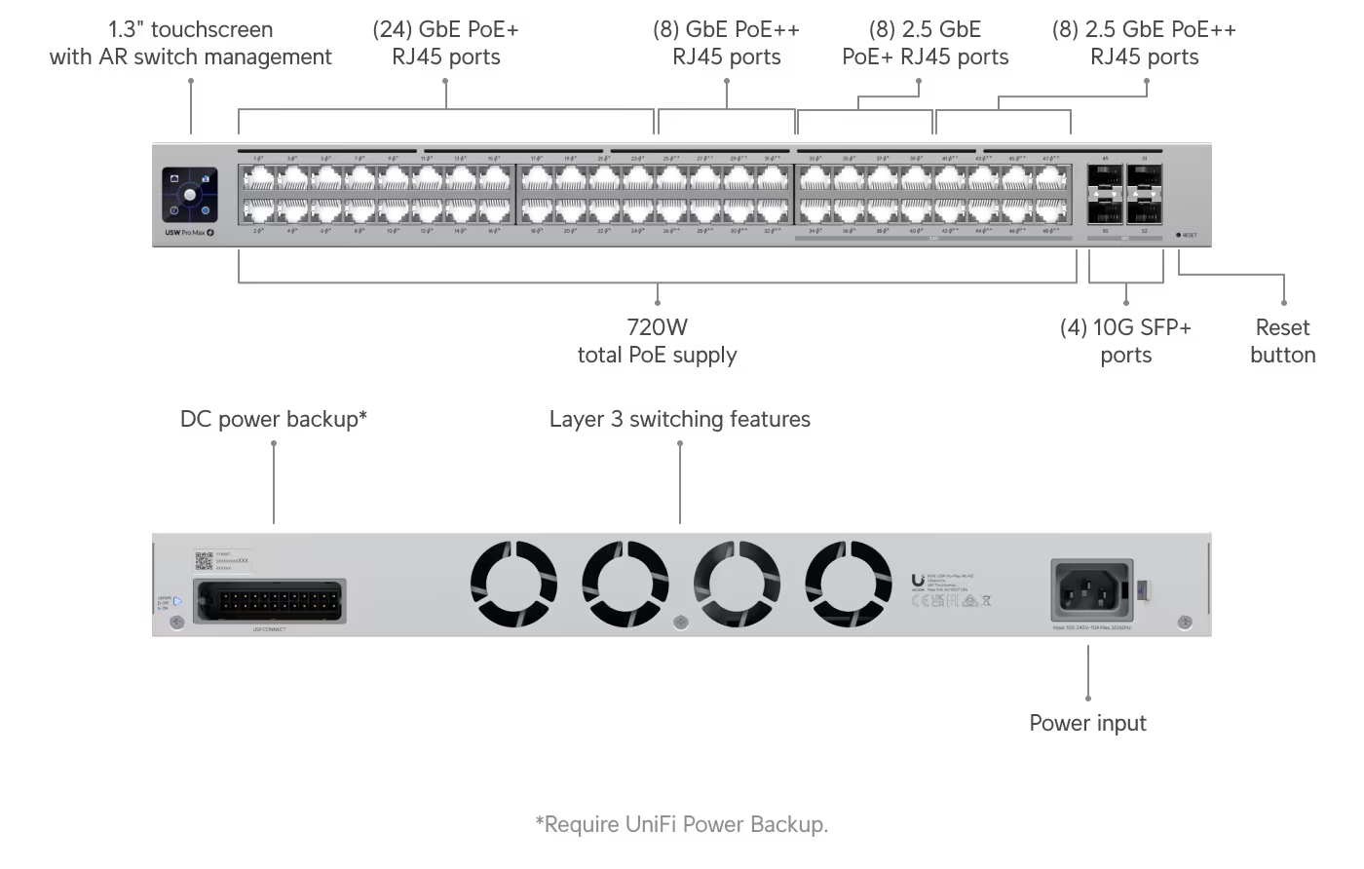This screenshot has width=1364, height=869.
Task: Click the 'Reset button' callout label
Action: click(1282, 341)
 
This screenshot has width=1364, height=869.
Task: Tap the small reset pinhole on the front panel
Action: click(1178, 235)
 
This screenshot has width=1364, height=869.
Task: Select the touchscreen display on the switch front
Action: click(190, 194)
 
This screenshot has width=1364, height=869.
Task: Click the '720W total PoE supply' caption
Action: click(657, 341)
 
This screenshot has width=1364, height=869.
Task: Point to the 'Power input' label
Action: click(1087, 723)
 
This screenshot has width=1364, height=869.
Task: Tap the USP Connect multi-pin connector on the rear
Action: click(269, 600)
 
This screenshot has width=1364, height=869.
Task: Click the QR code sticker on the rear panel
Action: click(204, 560)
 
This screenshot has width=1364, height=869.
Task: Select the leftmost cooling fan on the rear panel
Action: click(513, 585)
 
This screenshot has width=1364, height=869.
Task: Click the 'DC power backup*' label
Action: click(274, 419)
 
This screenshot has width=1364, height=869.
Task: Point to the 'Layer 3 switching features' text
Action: click(679, 419)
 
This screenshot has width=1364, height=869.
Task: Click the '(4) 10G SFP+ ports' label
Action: click(1125, 341)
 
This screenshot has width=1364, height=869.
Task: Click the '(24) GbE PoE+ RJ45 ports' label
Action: click(446, 43)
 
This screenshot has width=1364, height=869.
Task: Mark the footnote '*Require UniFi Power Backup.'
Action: click(681, 824)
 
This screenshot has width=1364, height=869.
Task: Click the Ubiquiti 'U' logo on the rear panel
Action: click(918, 581)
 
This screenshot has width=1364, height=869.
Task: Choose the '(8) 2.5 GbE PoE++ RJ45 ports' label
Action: click(1144, 43)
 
